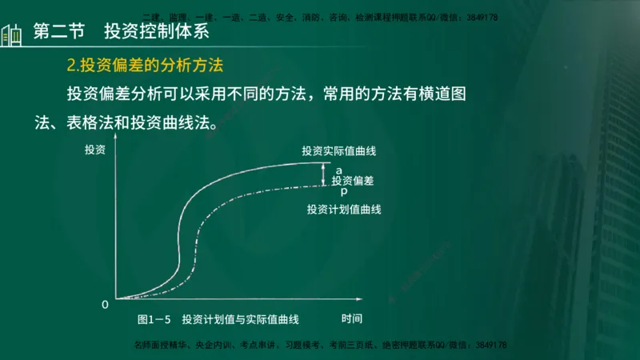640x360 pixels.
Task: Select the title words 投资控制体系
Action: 145,33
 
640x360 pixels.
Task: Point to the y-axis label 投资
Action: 94,150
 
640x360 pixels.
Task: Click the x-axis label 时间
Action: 352,319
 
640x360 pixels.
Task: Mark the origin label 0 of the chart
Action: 105,305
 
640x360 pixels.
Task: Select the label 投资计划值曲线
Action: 344,210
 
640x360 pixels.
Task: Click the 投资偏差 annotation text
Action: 353,181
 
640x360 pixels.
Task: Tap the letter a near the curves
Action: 339,170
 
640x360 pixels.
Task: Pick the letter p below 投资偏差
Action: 343,192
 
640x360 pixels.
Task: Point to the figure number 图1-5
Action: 154,319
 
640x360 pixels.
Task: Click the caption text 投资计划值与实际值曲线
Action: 240,319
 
